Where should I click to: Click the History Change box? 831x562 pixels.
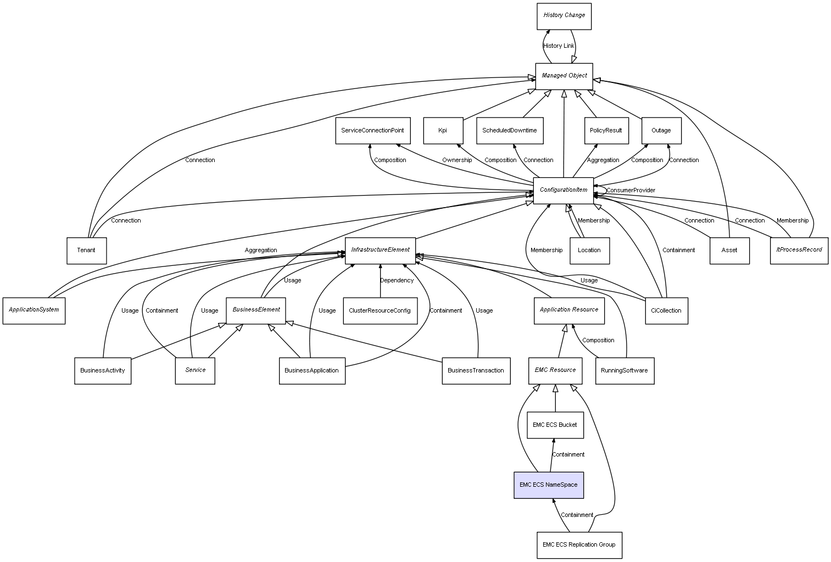[564, 16]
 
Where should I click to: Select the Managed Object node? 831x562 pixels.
[564, 76]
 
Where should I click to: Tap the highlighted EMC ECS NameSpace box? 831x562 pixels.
[549, 485]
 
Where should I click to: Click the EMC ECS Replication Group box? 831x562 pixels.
[579, 545]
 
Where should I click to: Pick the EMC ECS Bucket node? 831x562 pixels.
[555, 425]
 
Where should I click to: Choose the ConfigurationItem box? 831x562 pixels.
[564, 190]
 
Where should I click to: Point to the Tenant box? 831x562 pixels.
[86, 251]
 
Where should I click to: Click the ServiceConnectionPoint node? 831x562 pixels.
[372, 131]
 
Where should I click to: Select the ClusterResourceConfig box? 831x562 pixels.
[380, 311]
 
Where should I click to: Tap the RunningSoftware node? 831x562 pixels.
[624, 371]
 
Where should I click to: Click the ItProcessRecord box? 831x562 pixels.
[799, 250]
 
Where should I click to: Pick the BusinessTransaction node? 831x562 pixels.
[476, 371]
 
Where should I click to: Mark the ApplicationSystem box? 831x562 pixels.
[34, 310]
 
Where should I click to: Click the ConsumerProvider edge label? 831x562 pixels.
[631, 191]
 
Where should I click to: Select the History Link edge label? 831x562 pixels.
[559, 46]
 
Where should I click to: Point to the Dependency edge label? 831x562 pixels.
[397, 281]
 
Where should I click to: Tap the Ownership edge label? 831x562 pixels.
[457, 160]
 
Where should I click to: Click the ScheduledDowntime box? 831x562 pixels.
[510, 131]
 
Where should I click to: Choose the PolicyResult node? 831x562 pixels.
[606, 131]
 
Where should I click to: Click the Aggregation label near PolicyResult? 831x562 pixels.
[603, 160]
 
